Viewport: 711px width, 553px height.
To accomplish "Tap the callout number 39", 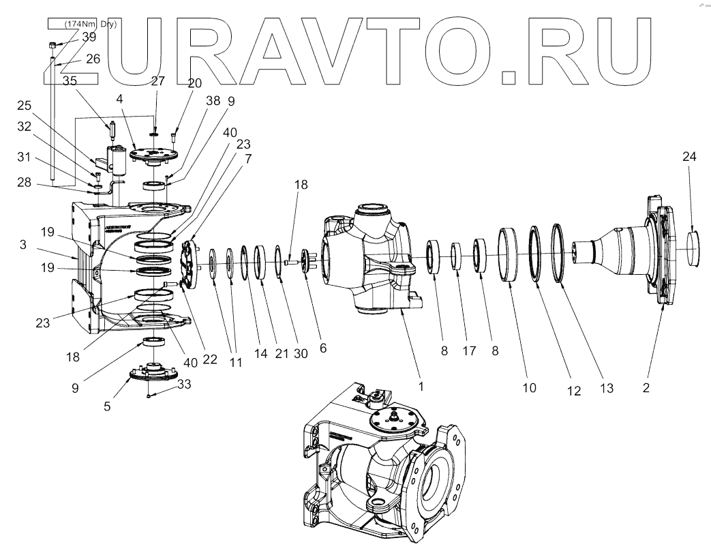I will [89, 38].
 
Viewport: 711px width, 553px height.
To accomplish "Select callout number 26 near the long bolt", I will [93, 59].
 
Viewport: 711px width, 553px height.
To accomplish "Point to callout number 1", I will [421, 385].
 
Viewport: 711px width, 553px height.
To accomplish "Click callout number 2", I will [646, 388].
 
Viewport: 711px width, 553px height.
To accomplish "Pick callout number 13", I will [607, 388].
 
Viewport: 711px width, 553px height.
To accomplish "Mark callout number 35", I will [70, 80].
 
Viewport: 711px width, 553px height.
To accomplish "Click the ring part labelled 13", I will [559, 252].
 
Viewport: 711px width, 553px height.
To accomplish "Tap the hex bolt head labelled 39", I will [52, 46].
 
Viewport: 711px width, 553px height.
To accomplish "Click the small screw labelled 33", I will [149, 394].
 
